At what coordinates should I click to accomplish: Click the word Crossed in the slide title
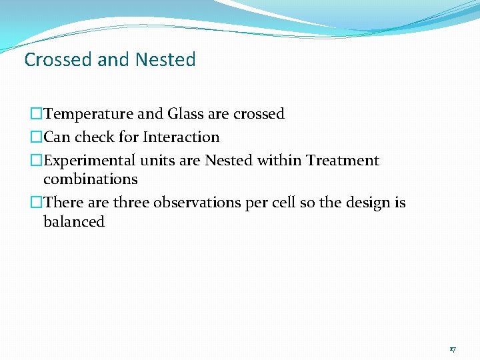[x=58, y=60]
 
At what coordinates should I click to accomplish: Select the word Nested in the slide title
[x=165, y=60]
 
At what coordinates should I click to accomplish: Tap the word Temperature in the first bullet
[x=85, y=114]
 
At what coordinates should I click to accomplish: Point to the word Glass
[x=185, y=114]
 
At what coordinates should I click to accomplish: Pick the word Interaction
[x=181, y=137]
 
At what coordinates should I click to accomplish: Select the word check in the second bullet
[x=92, y=137]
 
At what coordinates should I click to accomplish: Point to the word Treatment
[x=343, y=161]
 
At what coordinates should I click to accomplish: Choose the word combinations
[x=90, y=179]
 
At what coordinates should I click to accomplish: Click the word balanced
[x=74, y=222]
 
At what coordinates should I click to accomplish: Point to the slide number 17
[x=453, y=349]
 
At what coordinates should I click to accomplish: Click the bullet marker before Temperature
[x=36, y=114]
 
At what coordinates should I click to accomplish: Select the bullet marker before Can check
[x=36, y=137]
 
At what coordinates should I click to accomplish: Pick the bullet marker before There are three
[x=36, y=203]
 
